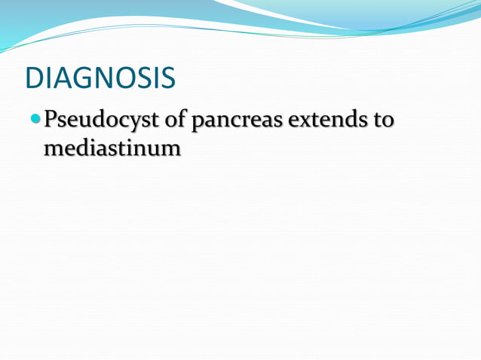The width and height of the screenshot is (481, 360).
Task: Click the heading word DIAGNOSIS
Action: point(100,78)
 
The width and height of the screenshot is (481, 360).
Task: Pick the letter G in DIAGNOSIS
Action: point(76,78)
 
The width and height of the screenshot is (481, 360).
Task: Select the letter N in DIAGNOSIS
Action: point(99,78)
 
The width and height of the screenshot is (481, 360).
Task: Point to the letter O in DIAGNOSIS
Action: point(123,78)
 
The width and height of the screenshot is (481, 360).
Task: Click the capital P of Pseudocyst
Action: point(51,120)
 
